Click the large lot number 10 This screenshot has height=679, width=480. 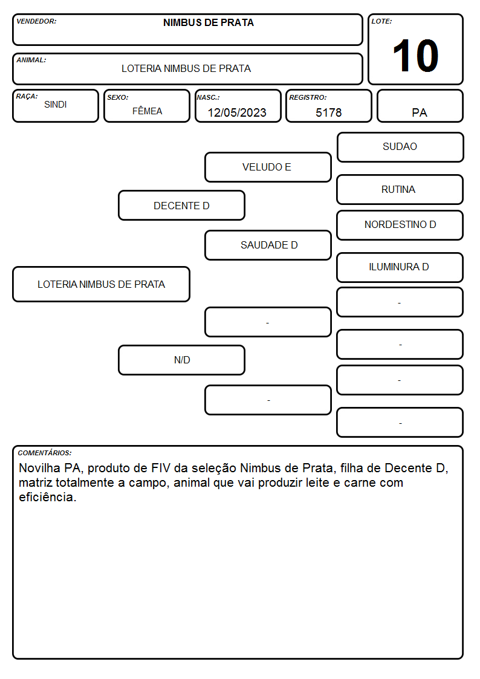point(415,56)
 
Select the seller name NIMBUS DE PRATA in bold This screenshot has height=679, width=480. point(208,22)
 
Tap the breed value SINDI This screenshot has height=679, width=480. point(56,105)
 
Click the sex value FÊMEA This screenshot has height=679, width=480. point(147,111)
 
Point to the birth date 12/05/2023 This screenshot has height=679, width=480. point(237,112)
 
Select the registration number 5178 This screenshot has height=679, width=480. point(328,112)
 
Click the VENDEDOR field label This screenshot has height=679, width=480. point(36,21)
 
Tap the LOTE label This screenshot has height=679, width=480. point(381,21)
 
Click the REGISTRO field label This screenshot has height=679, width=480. point(308,97)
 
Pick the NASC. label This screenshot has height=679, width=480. point(208,97)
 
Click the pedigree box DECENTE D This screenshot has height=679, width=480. point(182,205)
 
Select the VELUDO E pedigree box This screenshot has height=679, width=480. point(268,167)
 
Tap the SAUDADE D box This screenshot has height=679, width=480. point(268,245)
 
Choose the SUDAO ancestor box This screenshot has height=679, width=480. point(400,148)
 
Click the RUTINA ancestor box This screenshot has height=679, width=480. point(400,189)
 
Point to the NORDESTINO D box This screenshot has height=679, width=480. point(400,225)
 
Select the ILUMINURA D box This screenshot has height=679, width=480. point(400,267)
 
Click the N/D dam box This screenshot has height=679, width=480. point(182,360)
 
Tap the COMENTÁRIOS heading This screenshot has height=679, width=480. point(45,453)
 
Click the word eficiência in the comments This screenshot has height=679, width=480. point(48,497)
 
